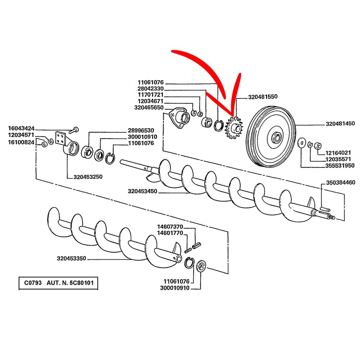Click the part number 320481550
click(263, 97)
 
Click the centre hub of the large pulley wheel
click(276, 137)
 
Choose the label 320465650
click(149, 107)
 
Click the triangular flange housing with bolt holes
click(178, 118)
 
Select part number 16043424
click(22, 129)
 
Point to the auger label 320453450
click(142, 192)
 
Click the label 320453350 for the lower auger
click(71, 258)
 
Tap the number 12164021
click(338, 152)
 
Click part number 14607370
click(170, 227)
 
